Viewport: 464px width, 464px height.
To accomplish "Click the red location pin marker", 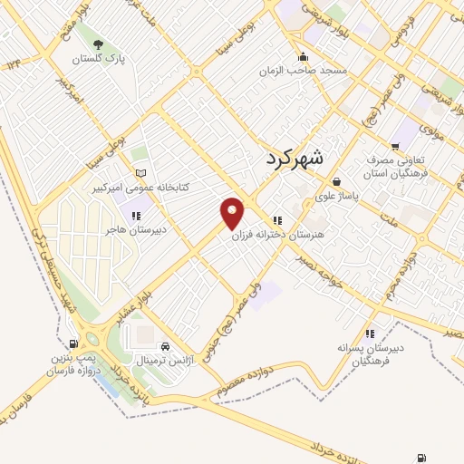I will (x=233, y=213).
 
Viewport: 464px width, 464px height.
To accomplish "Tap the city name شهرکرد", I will (x=295, y=158).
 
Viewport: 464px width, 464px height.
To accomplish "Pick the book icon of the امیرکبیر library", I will (x=140, y=173).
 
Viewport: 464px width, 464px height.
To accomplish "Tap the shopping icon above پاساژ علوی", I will (x=336, y=181).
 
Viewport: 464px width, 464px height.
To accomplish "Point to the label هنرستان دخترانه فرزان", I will (x=280, y=234).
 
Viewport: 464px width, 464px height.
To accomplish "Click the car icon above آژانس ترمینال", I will (x=165, y=347).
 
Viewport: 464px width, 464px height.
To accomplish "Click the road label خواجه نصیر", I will (x=322, y=270).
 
